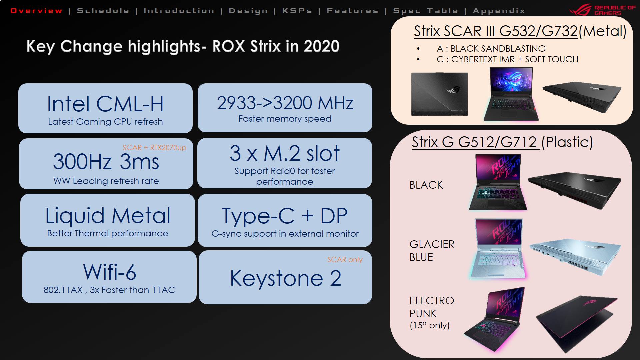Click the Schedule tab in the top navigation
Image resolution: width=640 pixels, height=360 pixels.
(103, 11)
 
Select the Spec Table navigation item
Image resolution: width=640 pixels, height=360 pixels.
(426, 11)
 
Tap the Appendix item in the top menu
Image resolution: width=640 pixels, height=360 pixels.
(499, 11)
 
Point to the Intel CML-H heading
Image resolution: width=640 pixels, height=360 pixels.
(105, 104)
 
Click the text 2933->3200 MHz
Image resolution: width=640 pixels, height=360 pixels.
(285, 103)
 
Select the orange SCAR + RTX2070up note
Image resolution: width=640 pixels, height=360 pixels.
(154, 147)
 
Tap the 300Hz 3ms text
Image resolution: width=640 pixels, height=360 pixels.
(106, 162)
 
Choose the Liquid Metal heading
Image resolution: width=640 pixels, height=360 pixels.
(108, 216)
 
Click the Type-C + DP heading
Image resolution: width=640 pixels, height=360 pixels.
(285, 216)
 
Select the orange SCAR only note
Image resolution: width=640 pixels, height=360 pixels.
(345, 259)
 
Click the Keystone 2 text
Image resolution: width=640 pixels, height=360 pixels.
(286, 278)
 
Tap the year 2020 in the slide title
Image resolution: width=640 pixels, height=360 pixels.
(321, 46)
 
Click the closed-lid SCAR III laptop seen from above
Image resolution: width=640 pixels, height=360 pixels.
(439, 94)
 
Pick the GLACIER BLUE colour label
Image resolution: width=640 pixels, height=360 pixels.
(432, 251)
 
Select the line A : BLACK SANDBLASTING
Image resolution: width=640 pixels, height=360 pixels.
(491, 49)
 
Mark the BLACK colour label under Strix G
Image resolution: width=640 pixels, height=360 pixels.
(426, 185)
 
